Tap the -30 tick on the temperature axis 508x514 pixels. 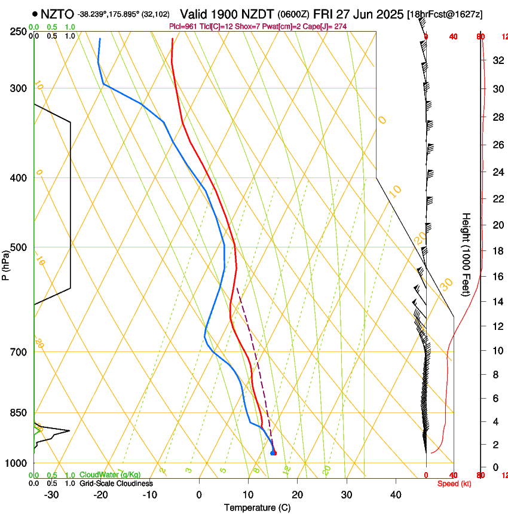(x=52, y=495)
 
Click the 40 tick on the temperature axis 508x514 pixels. (x=396, y=495)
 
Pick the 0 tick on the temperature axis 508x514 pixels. (x=199, y=495)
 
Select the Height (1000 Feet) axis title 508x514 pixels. (x=467, y=254)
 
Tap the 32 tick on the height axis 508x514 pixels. (x=497, y=60)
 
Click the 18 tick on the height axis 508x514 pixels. (x=497, y=251)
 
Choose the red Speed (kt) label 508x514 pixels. (x=454, y=484)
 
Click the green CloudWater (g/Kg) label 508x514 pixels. (x=110, y=475)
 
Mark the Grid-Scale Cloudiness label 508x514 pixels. (x=116, y=483)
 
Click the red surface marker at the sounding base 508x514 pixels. (x=274, y=453)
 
